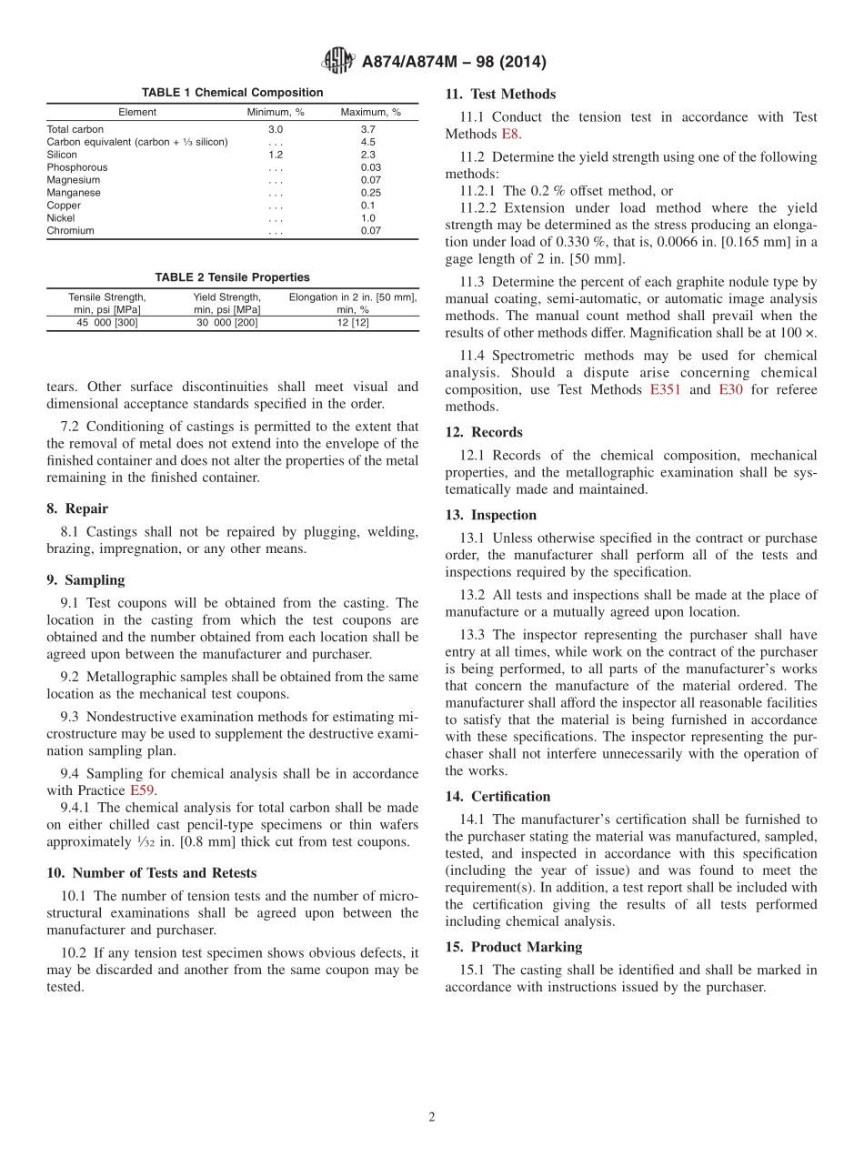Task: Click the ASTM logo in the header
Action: pyautogui.click(x=338, y=62)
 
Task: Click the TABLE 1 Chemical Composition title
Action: pyautogui.click(x=232, y=93)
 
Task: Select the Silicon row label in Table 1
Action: pyautogui.click(x=62, y=155)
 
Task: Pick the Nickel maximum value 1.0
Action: pyautogui.click(x=367, y=218)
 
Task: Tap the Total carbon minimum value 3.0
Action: pyautogui.click(x=276, y=129)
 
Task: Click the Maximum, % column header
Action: pyautogui.click(x=370, y=113)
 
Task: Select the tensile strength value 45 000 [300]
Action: pyautogui.click(x=107, y=323)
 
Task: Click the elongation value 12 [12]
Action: pyautogui.click(x=352, y=323)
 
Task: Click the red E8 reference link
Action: pyautogui.click(x=510, y=135)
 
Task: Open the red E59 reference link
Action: pyautogui.click(x=142, y=790)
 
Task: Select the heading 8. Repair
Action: pyautogui.click(x=77, y=509)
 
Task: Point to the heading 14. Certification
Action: pyautogui.click(x=497, y=797)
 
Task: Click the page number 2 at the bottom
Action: pyautogui.click(x=432, y=1117)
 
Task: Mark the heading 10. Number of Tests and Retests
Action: pyautogui.click(x=152, y=873)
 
